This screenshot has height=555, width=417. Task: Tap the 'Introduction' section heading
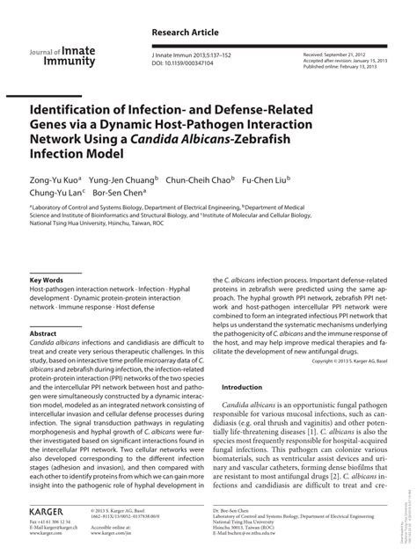point(242,388)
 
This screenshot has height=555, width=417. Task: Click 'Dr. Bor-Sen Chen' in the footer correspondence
point(233,509)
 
